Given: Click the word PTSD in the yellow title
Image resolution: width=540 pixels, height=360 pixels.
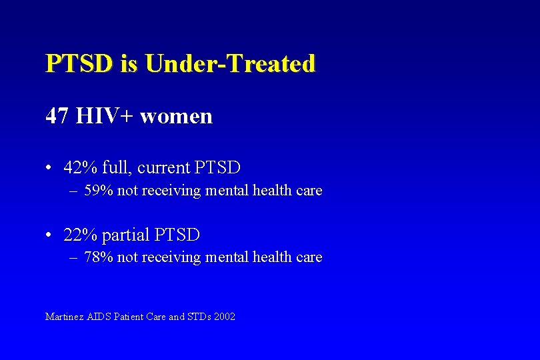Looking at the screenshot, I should [80, 64].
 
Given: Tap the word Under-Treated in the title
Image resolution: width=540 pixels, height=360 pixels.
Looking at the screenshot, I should [230, 64].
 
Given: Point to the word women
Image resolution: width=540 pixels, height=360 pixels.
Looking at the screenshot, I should [176, 117].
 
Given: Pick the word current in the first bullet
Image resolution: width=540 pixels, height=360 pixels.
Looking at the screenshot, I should [165, 168].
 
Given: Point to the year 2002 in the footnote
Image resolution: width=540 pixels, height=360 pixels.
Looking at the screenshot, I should [225, 317].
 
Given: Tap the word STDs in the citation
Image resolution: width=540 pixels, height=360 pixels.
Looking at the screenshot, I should [199, 317].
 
